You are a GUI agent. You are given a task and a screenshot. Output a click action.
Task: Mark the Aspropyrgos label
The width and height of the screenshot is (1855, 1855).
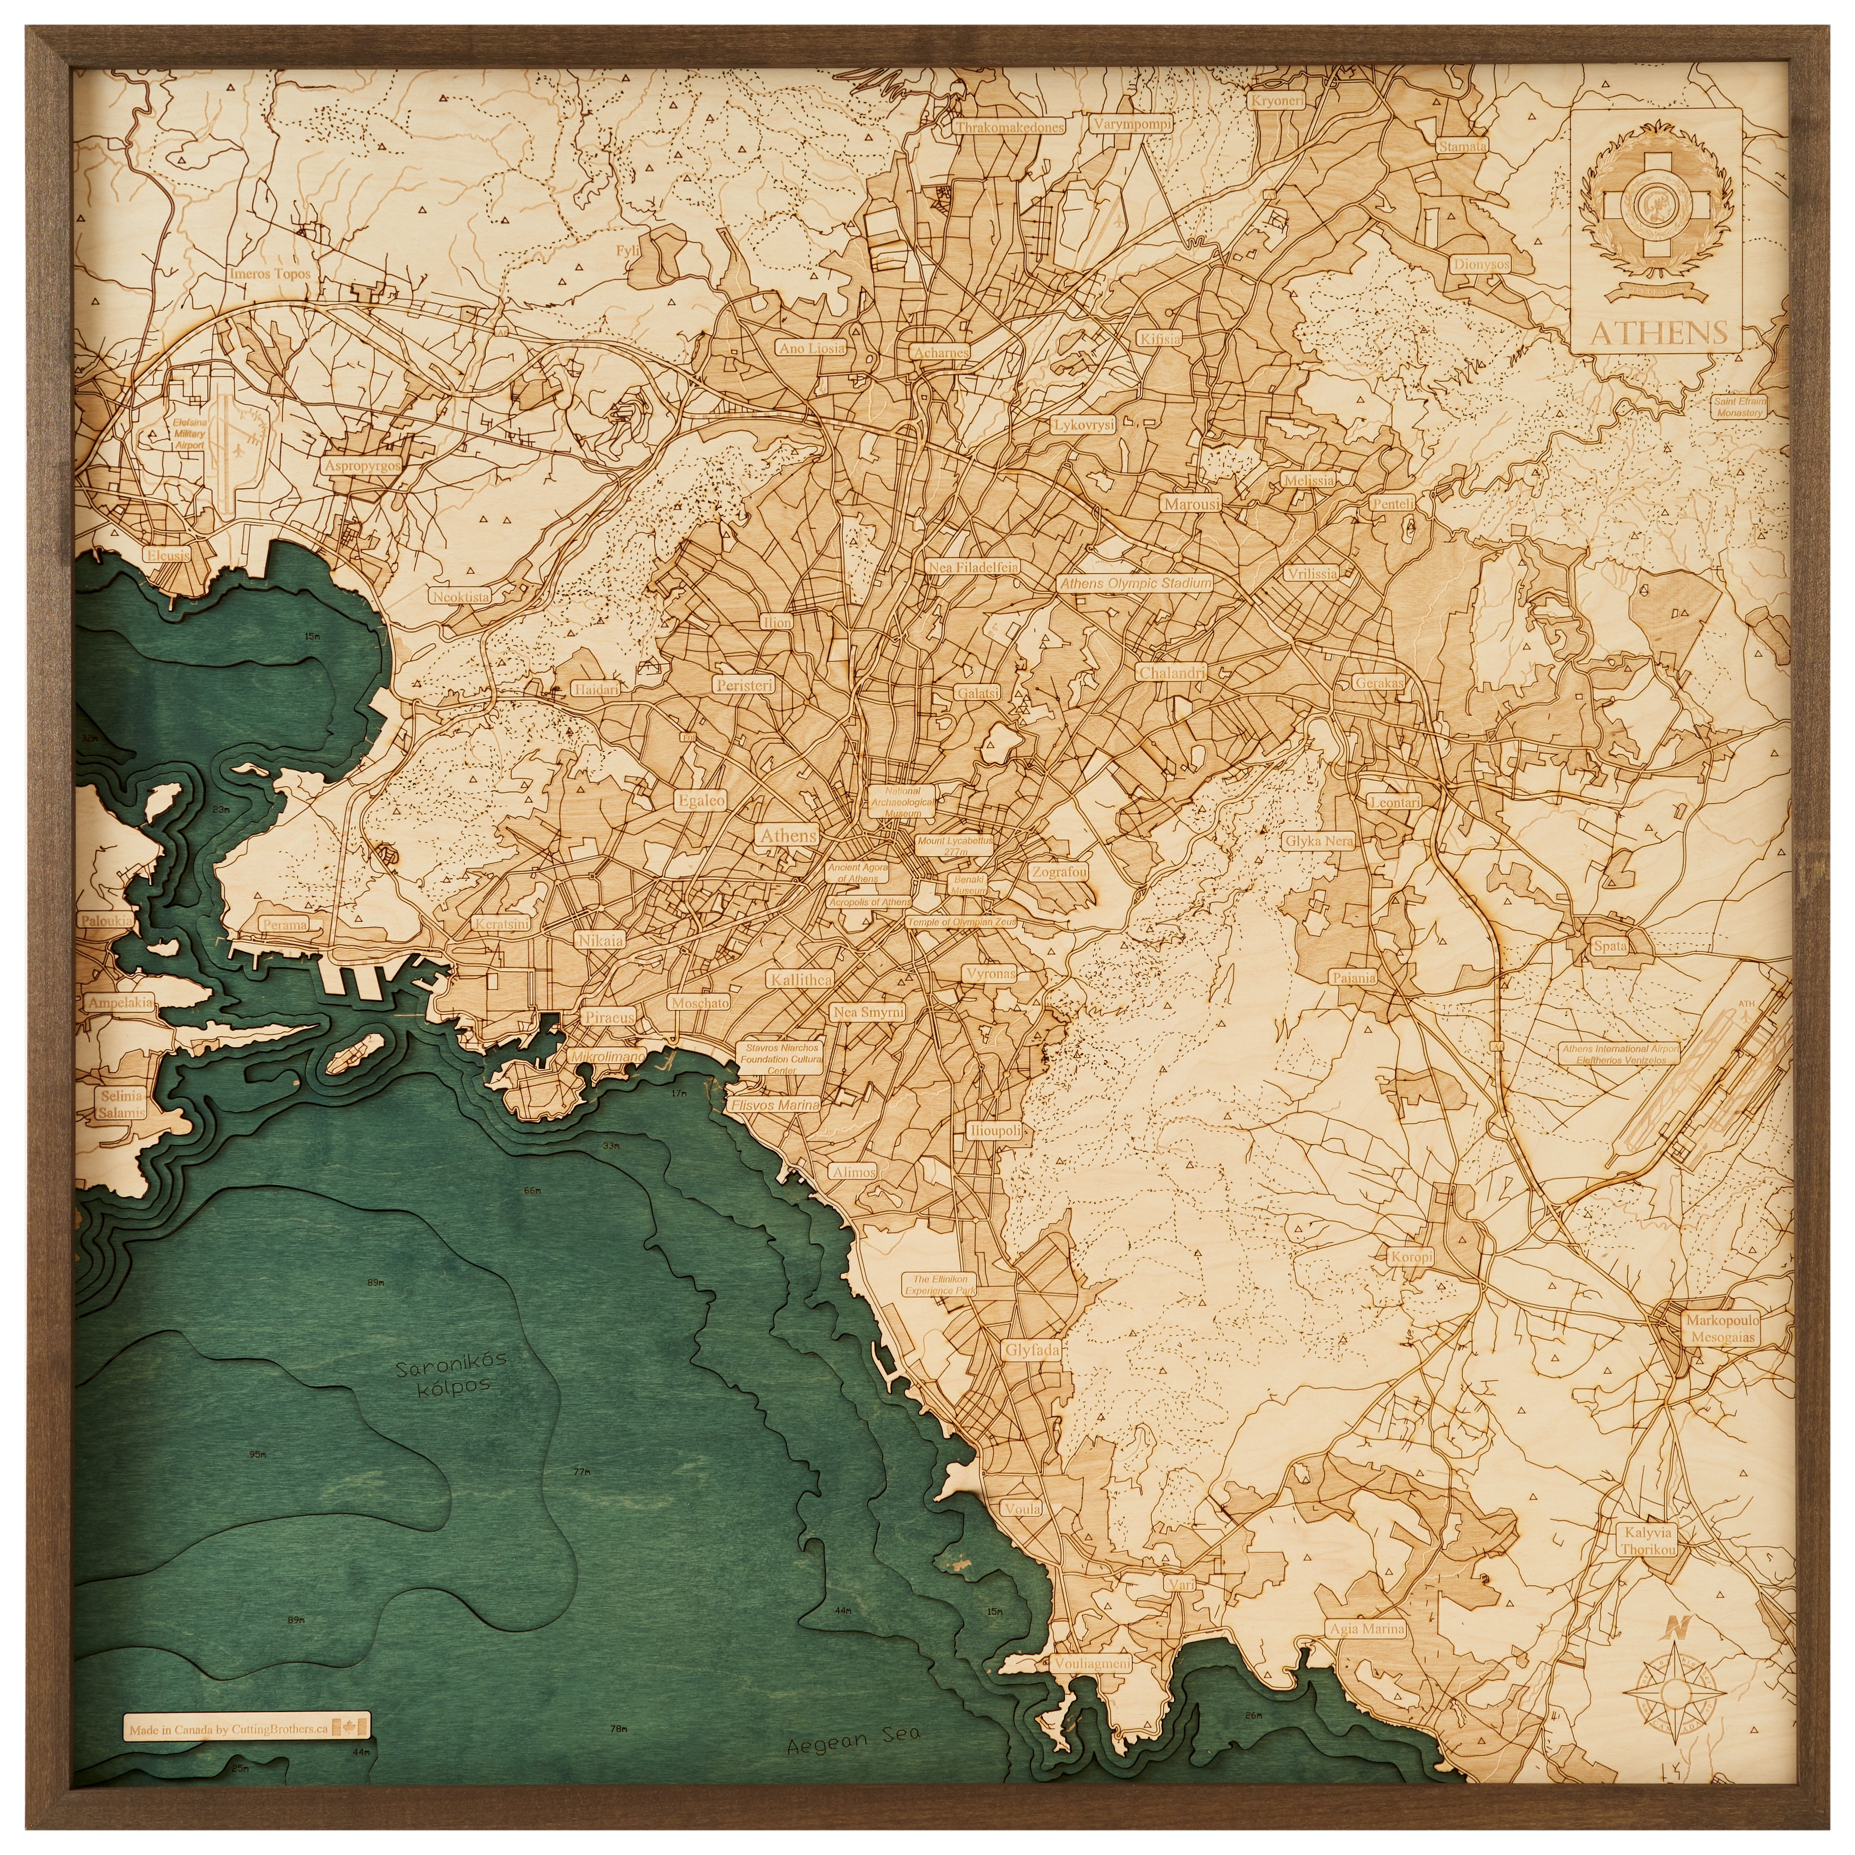coord(362,466)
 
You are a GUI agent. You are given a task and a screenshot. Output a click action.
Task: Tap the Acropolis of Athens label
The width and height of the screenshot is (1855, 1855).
coord(869,903)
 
